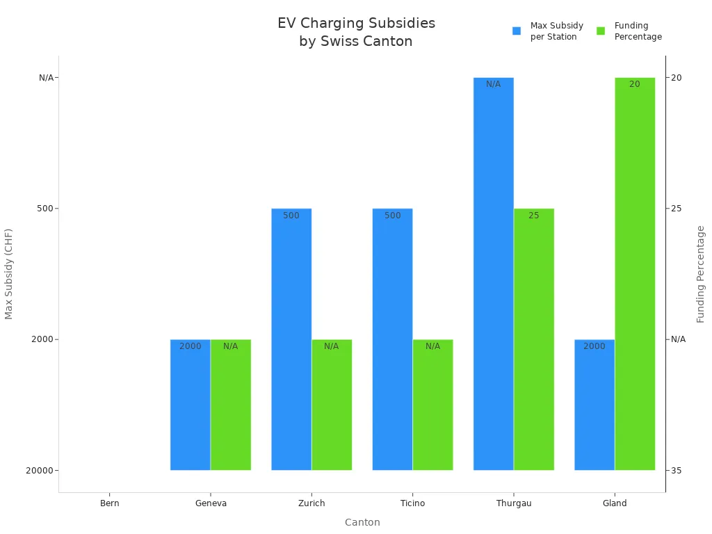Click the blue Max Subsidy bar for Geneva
[x=191, y=405]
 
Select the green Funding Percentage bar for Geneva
[x=231, y=405]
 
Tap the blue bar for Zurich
[x=291, y=339]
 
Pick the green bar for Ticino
[x=432, y=405]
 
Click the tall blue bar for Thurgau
[x=494, y=274]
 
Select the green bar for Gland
[x=635, y=274]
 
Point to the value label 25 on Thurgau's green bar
[x=534, y=216]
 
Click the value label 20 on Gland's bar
[x=635, y=84]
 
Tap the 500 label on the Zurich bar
[x=291, y=216]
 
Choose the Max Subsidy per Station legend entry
[x=549, y=31]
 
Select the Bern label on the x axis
[x=110, y=503]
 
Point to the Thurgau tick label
[x=514, y=503]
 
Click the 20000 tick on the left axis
[x=39, y=471]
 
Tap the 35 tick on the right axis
[x=676, y=471]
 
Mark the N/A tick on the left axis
[x=46, y=78]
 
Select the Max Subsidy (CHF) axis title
[x=9, y=274]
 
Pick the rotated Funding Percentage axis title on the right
[x=701, y=274]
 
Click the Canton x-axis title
[x=362, y=522]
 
